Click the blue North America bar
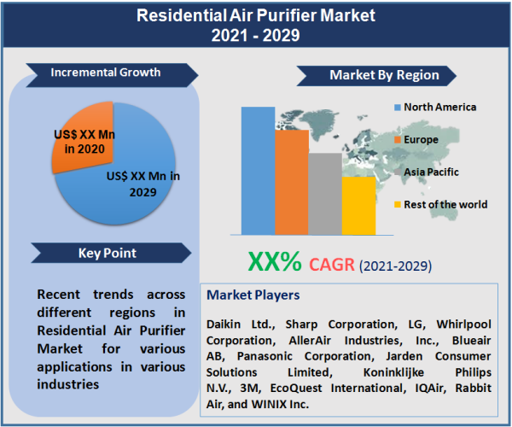258,171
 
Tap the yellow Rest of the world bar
358,206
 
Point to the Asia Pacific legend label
431,172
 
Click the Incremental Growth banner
106,73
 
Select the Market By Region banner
384,75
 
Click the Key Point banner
107,253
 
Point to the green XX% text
274,262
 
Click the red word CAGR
332,264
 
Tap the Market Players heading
253,295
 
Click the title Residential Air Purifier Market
256,16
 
